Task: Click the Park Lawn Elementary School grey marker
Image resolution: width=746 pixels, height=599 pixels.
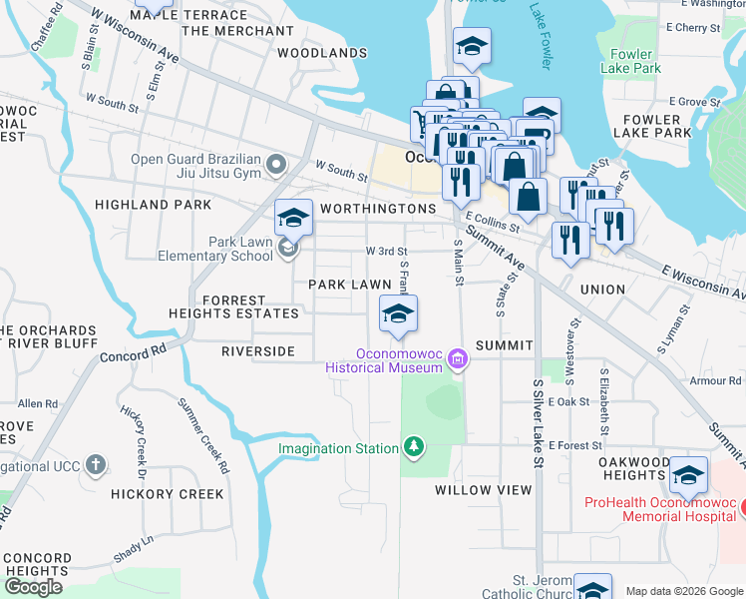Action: (288, 249)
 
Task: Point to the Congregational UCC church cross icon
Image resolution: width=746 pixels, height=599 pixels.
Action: (95, 465)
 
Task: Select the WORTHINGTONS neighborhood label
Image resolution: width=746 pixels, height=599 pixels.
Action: (378, 209)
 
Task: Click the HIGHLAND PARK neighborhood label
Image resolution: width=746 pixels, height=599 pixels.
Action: (153, 205)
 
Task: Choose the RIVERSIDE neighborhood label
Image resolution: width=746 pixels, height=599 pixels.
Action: (257, 351)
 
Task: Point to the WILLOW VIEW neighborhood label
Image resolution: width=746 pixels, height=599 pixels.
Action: (484, 490)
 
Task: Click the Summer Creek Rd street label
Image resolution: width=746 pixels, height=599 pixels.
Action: (202, 434)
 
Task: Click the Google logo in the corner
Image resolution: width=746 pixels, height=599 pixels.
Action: (32, 586)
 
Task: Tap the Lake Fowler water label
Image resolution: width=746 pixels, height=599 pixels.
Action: (541, 40)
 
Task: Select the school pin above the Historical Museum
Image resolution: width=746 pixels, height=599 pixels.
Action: (398, 314)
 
